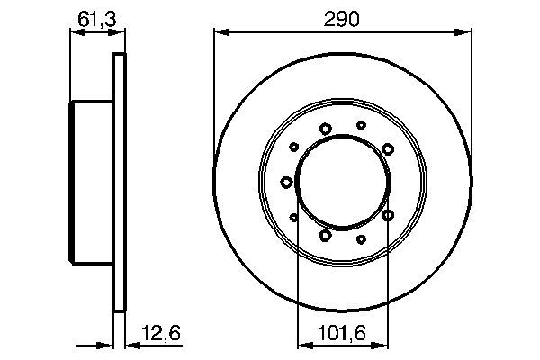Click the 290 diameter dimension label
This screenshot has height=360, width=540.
[341, 18]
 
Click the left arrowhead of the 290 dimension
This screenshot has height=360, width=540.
[219, 32]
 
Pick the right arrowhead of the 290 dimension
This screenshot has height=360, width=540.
[467, 32]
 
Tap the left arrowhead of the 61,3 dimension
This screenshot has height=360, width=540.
[75, 32]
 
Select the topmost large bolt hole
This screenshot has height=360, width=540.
[325, 128]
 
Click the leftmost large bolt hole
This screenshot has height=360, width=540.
[287, 183]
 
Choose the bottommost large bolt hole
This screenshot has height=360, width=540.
[325, 236]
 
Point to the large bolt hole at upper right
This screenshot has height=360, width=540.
[387, 148]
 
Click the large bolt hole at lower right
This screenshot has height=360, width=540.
[388, 215]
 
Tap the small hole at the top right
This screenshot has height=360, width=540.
[361, 126]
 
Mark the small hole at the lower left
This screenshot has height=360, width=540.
[294, 216]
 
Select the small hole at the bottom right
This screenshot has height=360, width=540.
[361, 238]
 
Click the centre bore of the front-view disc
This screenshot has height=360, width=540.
[343, 182]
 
